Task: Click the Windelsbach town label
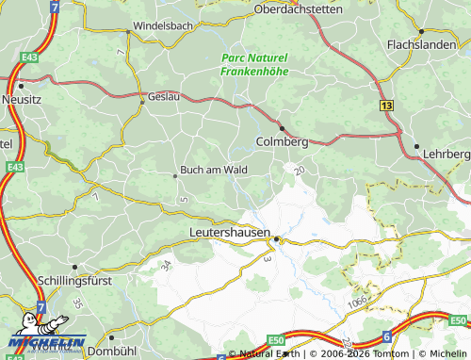pos(164,26)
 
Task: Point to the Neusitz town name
pos(23,98)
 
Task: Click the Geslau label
pos(166,97)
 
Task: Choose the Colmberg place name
pos(282,141)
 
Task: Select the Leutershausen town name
pos(230,231)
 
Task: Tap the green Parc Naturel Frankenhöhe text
pos(254,63)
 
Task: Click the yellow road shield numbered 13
pos(387,107)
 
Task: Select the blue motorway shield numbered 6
pos(386,336)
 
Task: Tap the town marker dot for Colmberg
pos(281,127)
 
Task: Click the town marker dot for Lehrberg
pos(416,146)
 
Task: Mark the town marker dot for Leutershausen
pos(276,238)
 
